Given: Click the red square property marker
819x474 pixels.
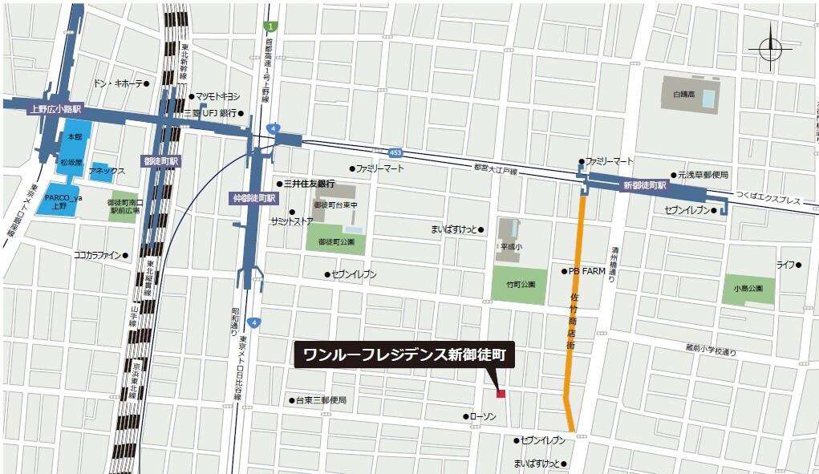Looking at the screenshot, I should [x=501, y=394].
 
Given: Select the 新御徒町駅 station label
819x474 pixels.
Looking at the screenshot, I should [x=645, y=185].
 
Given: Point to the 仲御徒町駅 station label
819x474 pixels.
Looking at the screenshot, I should [x=253, y=197].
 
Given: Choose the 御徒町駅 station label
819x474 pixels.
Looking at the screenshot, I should [x=161, y=161].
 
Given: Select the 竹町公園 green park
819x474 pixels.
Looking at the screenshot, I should [x=519, y=284].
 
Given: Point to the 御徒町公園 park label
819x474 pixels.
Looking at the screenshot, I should [x=336, y=241].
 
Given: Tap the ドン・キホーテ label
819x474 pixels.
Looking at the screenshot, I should [x=119, y=83].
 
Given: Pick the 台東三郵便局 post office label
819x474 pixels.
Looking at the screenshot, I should [x=321, y=399].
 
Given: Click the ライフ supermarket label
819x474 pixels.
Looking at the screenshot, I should [x=784, y=265].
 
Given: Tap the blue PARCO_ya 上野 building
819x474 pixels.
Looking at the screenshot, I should [x=62, y=201].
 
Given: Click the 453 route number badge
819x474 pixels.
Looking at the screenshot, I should [x=395, y=152].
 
